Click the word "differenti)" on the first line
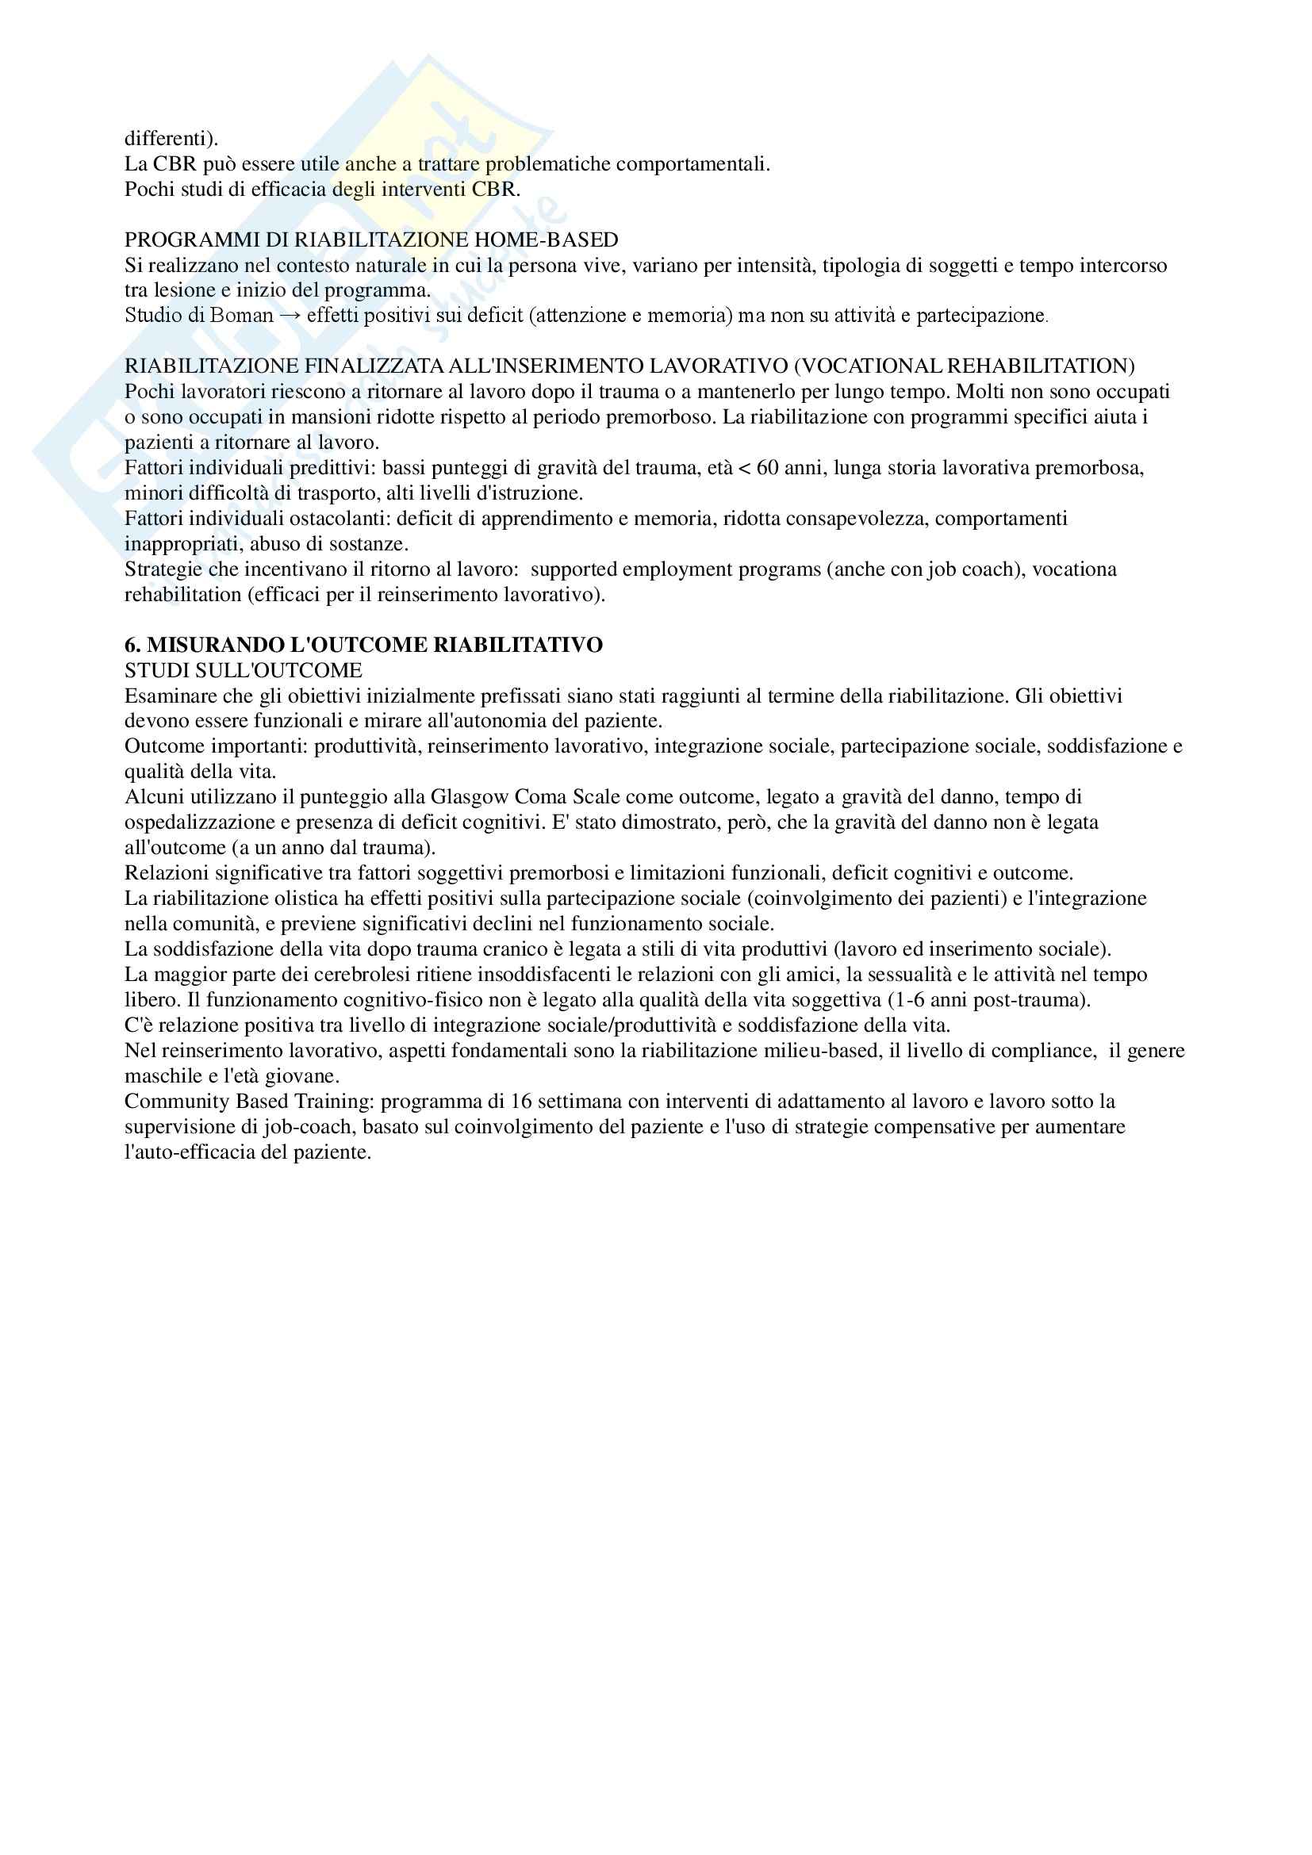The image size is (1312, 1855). coord(165,139)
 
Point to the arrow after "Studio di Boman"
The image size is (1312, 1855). coord(290,315)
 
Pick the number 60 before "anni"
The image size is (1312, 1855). coord(768,468)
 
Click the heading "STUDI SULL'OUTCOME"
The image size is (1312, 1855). coord(244,671)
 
